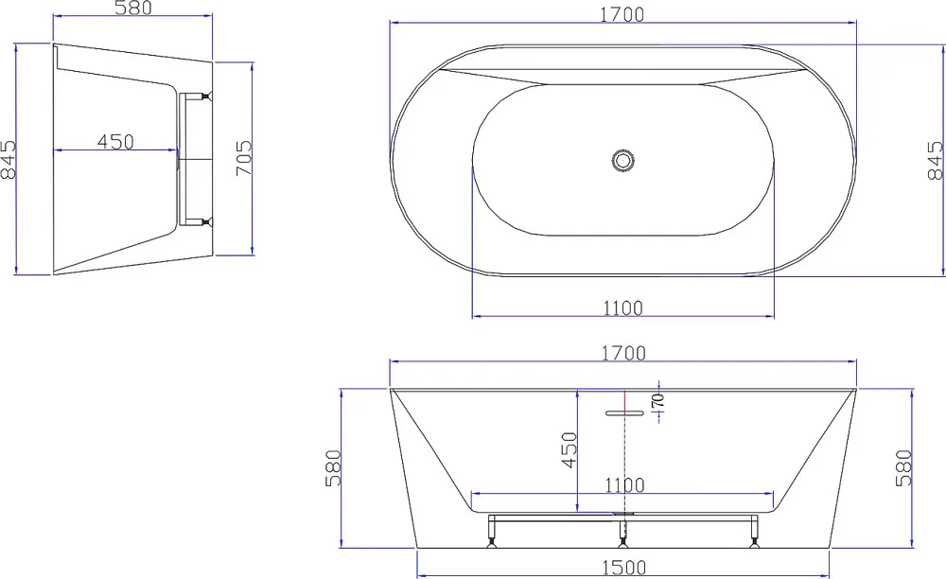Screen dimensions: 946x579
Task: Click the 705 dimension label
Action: point(243,158)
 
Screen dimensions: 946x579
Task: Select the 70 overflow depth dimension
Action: point(657,400)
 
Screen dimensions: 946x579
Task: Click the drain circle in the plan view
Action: point(622,161)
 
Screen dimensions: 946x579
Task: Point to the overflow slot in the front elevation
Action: point(624,413)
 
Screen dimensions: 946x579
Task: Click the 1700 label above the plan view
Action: point(622,14)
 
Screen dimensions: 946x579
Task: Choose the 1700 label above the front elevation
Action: point(623,353)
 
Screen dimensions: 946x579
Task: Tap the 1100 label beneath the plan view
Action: point(622,308)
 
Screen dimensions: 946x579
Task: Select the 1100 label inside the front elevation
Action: point(624,485)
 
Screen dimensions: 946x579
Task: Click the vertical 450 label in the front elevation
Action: point(569,450)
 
